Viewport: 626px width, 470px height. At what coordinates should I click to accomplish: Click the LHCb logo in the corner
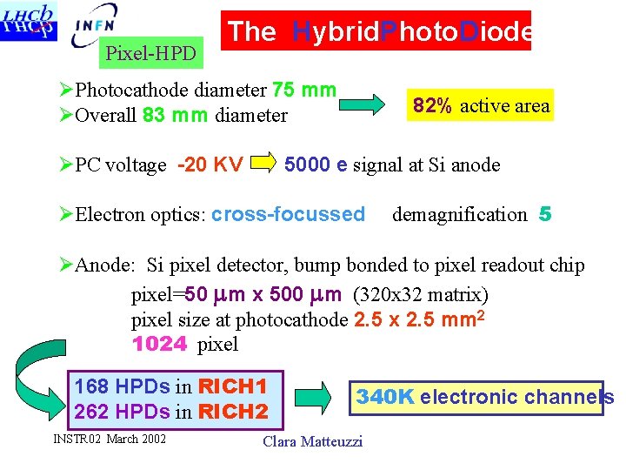pyautogui.click(x=30, y=21)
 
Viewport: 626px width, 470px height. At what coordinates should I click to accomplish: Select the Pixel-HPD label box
pyautogui.click(x=150, y=54)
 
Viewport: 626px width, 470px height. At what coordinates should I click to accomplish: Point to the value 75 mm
pyautogui.click(x=304, y=90)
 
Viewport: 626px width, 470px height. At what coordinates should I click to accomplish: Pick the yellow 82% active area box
pyautogui.click(x=481, y=105)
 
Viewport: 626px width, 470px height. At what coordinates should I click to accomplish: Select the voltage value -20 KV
pyautogui.click(x=210, y=164)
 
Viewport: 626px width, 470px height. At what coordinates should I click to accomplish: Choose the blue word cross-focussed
pyautogui.click(x=288, y=214)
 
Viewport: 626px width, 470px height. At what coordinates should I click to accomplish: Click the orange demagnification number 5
pyautogui.click(x=545, y=214)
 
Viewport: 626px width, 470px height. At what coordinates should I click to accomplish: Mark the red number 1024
pyautogui.click(x=160, y=344)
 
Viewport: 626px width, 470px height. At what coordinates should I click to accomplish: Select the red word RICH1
pyautogui.click(x=231, y=386)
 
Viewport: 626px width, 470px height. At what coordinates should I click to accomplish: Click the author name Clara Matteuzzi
pyautogui.click(x=312, y=441)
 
